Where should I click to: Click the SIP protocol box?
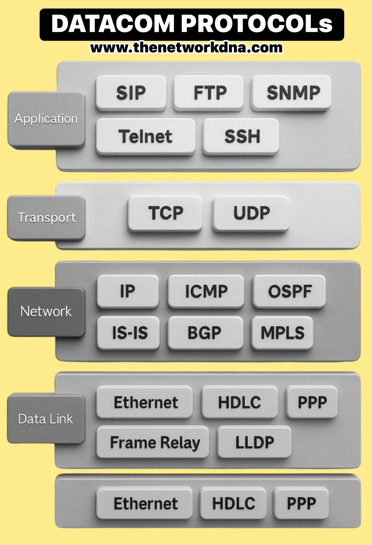(131, 93)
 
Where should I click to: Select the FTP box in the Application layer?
(209, 93)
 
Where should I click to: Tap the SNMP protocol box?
(292, 93)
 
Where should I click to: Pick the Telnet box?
(145, 136)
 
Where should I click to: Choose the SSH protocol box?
(241, 136)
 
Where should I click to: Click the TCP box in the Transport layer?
(165, 213)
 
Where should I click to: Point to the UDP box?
(251, 213)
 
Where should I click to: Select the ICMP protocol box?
(206, 291)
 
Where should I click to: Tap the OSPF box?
(289, 291)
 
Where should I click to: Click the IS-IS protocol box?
(129, 333)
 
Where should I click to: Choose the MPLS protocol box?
(282, 333)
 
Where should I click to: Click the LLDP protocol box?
(254, 442)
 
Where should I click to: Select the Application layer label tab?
(46, 119)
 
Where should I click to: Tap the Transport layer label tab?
(46, 218)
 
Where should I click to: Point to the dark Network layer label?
(46, 312)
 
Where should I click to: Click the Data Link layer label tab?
(46, 419)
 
